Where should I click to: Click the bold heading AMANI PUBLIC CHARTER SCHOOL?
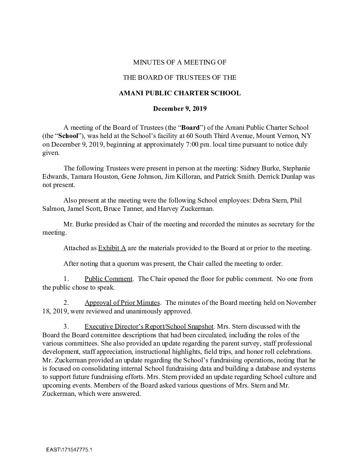(180, 93)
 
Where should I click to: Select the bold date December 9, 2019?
(180, 108)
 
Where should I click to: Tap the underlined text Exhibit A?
(112, 248)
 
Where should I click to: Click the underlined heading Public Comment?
(109, 279)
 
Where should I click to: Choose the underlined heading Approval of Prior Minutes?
(122, 303)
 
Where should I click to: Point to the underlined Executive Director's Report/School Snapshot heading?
(149, 327)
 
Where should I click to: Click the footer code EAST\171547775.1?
(69, 450)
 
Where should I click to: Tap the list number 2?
(66, 303)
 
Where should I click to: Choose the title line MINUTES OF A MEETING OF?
(180, 62)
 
